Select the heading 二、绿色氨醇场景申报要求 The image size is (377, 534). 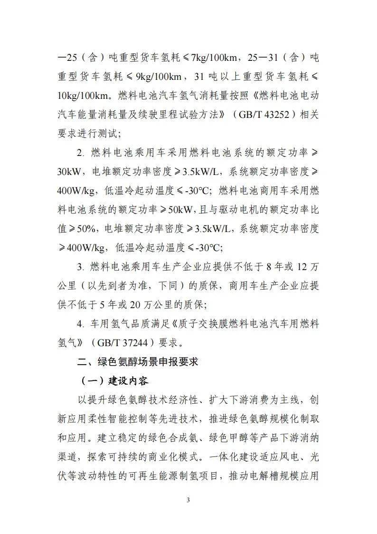coord(138,362)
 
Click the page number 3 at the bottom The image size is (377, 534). coord(188,500)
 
